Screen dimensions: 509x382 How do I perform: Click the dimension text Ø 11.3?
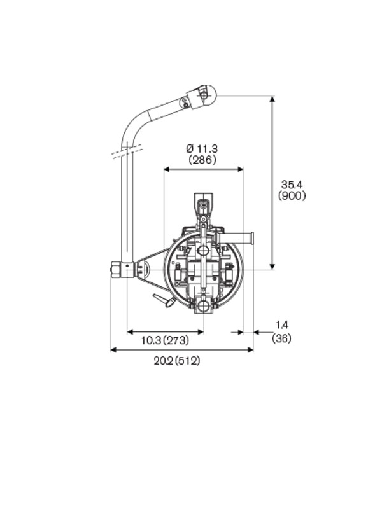coord(202,148)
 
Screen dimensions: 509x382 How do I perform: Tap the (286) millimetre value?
coord(202,160)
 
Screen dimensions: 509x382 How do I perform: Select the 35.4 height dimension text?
coord(292,185)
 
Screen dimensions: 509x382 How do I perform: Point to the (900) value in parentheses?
coord(292,196)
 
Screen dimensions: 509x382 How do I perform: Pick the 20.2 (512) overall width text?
coord(177,361)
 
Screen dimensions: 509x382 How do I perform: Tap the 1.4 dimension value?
coord(281,325)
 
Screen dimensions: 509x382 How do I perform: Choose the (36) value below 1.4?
coord(281,338)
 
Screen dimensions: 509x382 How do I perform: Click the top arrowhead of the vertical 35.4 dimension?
coord(272,100)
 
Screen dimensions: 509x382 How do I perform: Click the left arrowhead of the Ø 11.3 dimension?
coord(167,169)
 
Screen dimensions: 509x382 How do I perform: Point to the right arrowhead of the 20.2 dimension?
coord(250,349)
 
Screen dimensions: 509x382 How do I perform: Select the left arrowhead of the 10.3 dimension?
coord(131,331)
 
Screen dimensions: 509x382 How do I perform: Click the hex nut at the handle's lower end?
coord(116,269)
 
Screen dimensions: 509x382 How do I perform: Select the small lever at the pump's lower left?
coord(164,300)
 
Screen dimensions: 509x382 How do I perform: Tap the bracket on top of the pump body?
coord(203,205)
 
